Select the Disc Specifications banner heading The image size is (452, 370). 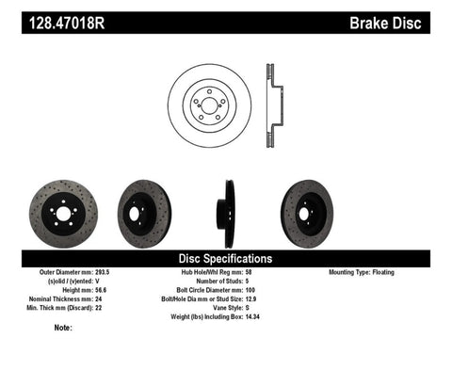[x=226, y=258]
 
